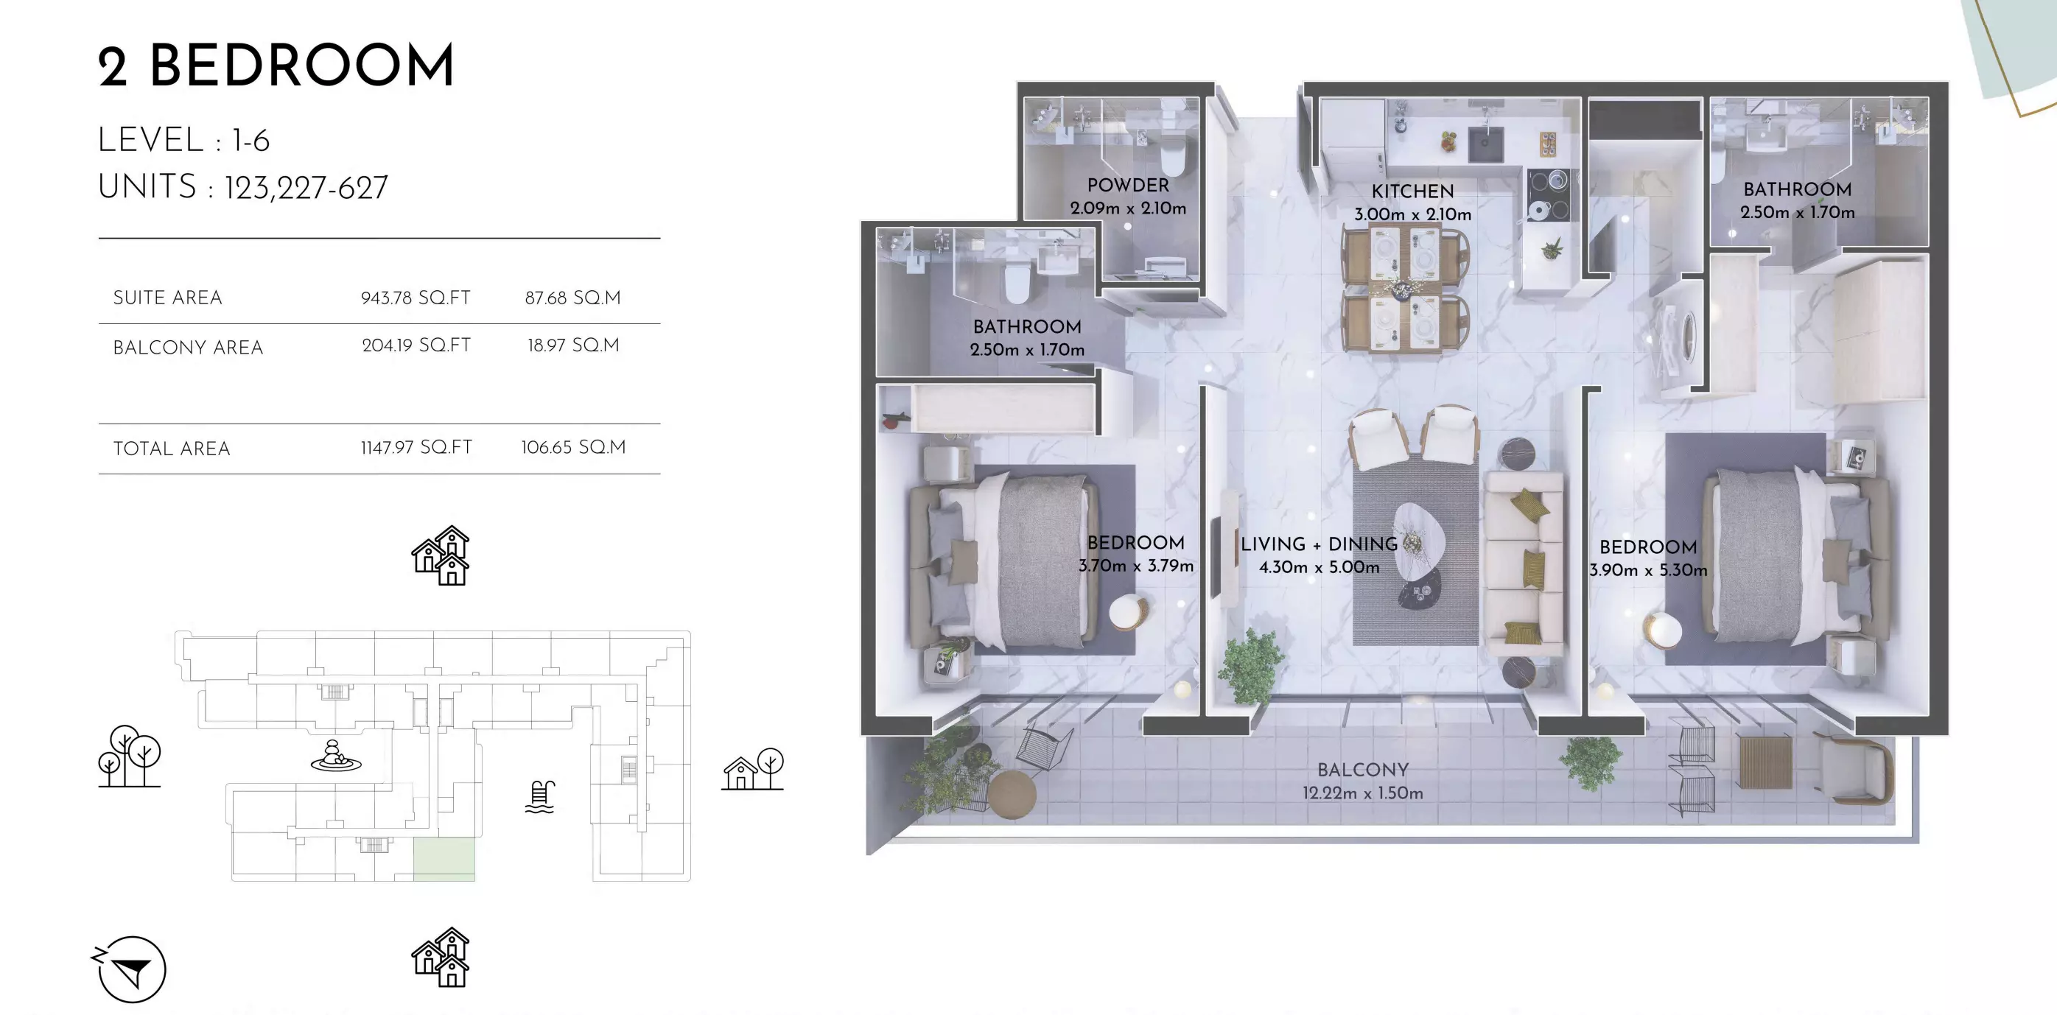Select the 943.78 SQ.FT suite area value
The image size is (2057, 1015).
tap(416, 298)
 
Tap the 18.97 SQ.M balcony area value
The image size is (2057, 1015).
tap(573, 345)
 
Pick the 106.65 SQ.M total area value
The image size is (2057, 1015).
tap(573, 447)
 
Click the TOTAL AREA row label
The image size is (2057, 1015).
tap(172, 449)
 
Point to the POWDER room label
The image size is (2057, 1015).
tap(1127, 186)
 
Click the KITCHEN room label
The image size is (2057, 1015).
tap(1412, 192)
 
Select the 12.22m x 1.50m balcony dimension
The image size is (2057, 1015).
tap(1362, 793)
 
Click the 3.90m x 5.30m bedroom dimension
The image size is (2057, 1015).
tap(1648, 570)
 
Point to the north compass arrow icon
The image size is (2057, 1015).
tap(130, 969)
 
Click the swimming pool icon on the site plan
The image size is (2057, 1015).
tap(540, 796)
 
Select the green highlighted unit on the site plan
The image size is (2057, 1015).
tap(444, 860)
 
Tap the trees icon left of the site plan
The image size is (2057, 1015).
tap(130, 756)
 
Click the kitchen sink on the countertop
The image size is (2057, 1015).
tap(1485, 144)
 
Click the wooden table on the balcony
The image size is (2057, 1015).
tap(1765, 762)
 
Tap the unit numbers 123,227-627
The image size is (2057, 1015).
tap(306, 189)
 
